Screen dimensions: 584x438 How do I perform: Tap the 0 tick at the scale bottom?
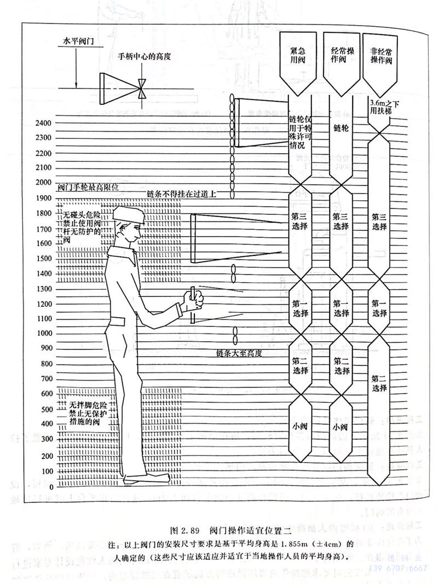(x=51, y=486)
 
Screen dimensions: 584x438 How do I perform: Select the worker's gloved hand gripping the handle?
(x=194, y=302)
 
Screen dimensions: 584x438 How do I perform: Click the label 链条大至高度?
(x=239, y=354)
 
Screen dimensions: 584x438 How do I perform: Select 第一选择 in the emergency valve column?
(x=301, y=309)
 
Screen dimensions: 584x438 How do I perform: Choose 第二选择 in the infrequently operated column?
(x=379, y=383)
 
